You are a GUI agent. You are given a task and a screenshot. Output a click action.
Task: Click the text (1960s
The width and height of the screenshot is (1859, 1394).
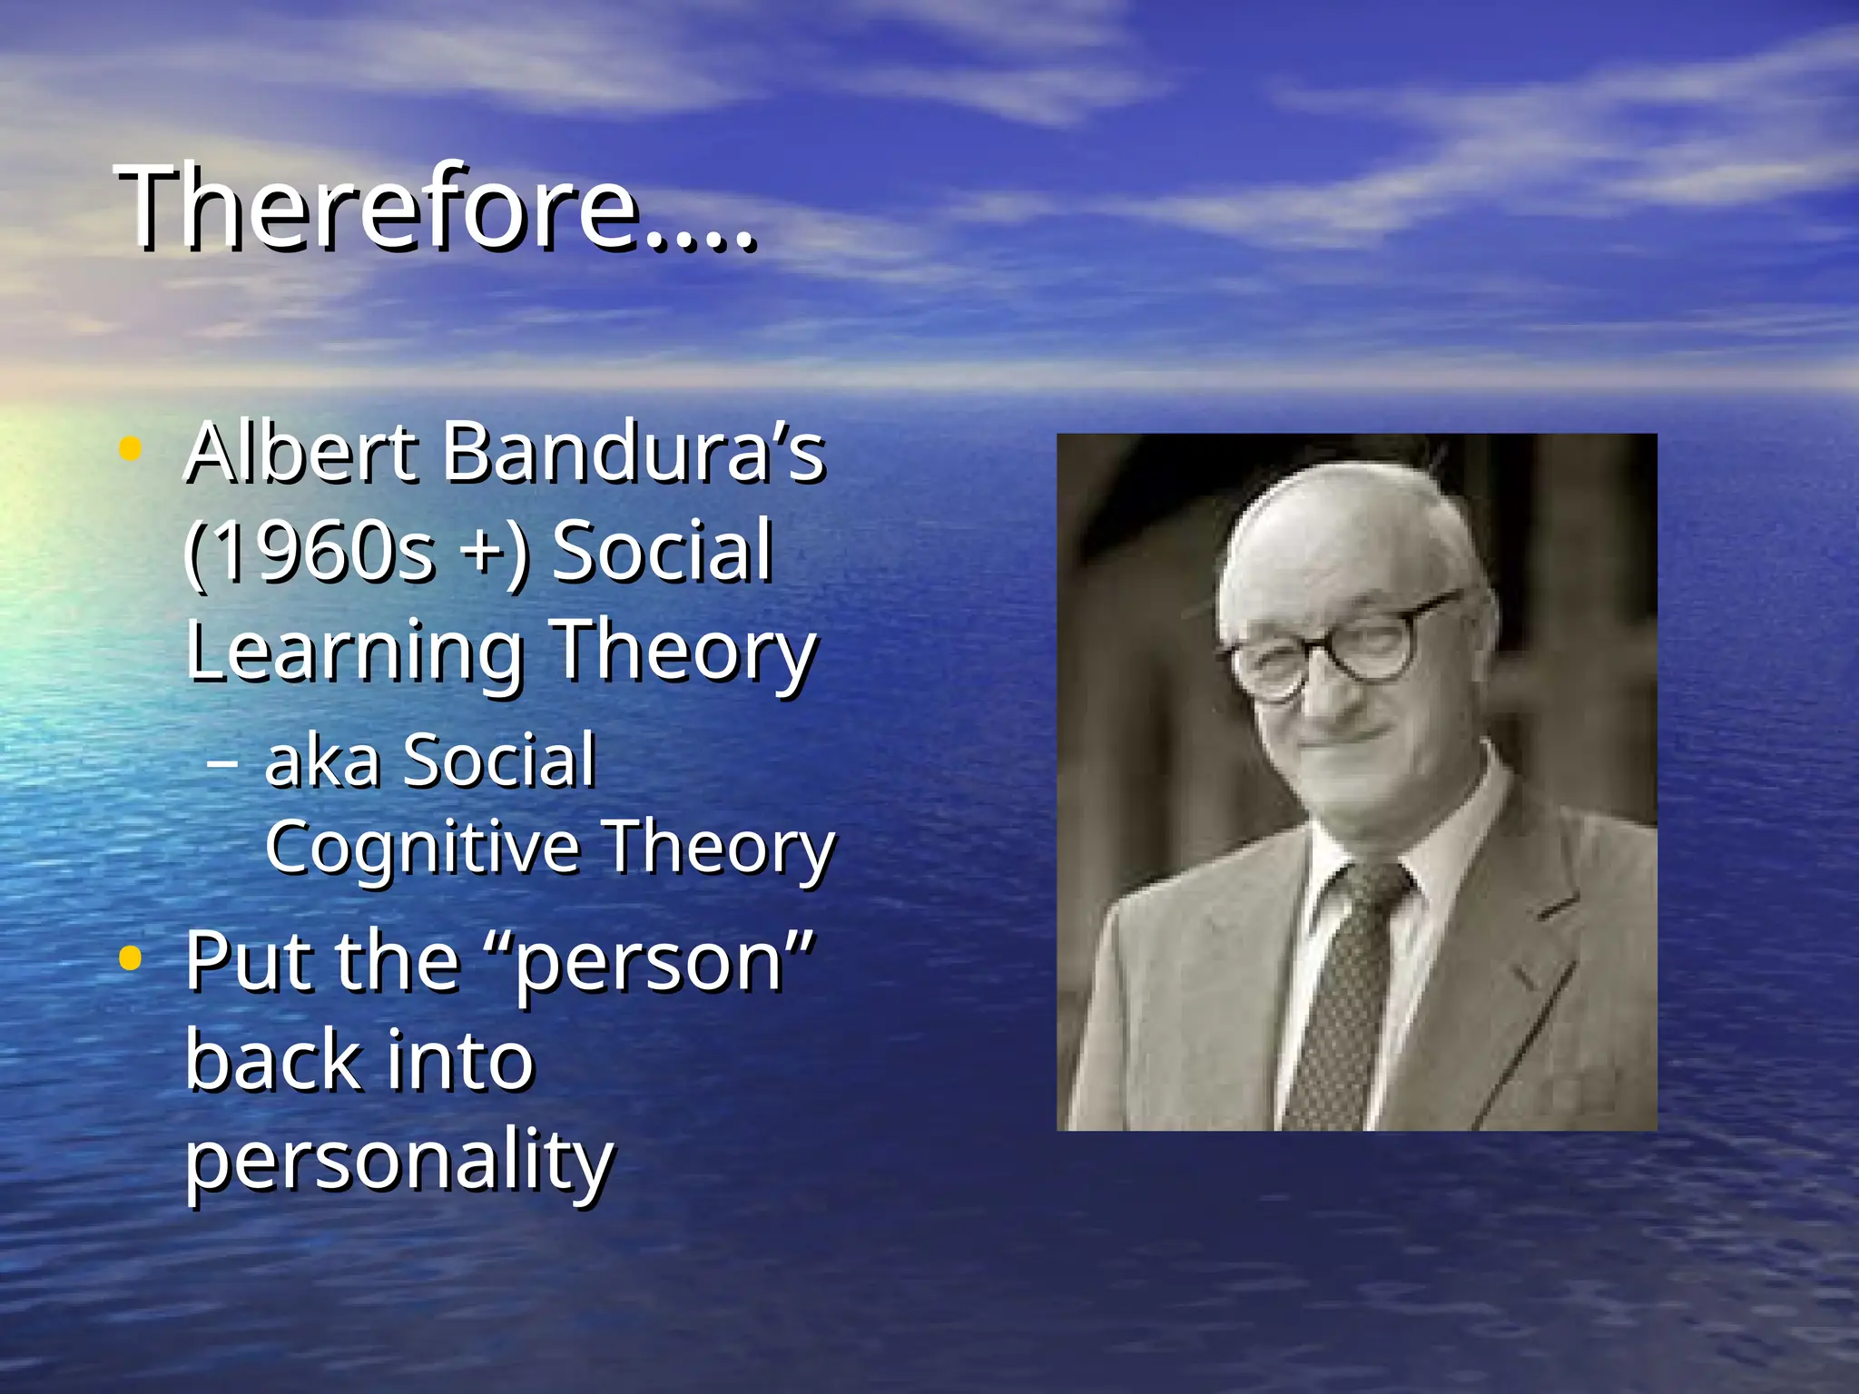coord(309,551)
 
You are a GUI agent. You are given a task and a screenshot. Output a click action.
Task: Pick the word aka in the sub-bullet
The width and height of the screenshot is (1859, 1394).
coord(322,761)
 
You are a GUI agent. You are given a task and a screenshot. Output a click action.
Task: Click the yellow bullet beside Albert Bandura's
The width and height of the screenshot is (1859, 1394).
coord(131,448)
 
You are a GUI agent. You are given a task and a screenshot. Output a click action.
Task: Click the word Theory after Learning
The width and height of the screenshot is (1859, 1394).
coord(684,652)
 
